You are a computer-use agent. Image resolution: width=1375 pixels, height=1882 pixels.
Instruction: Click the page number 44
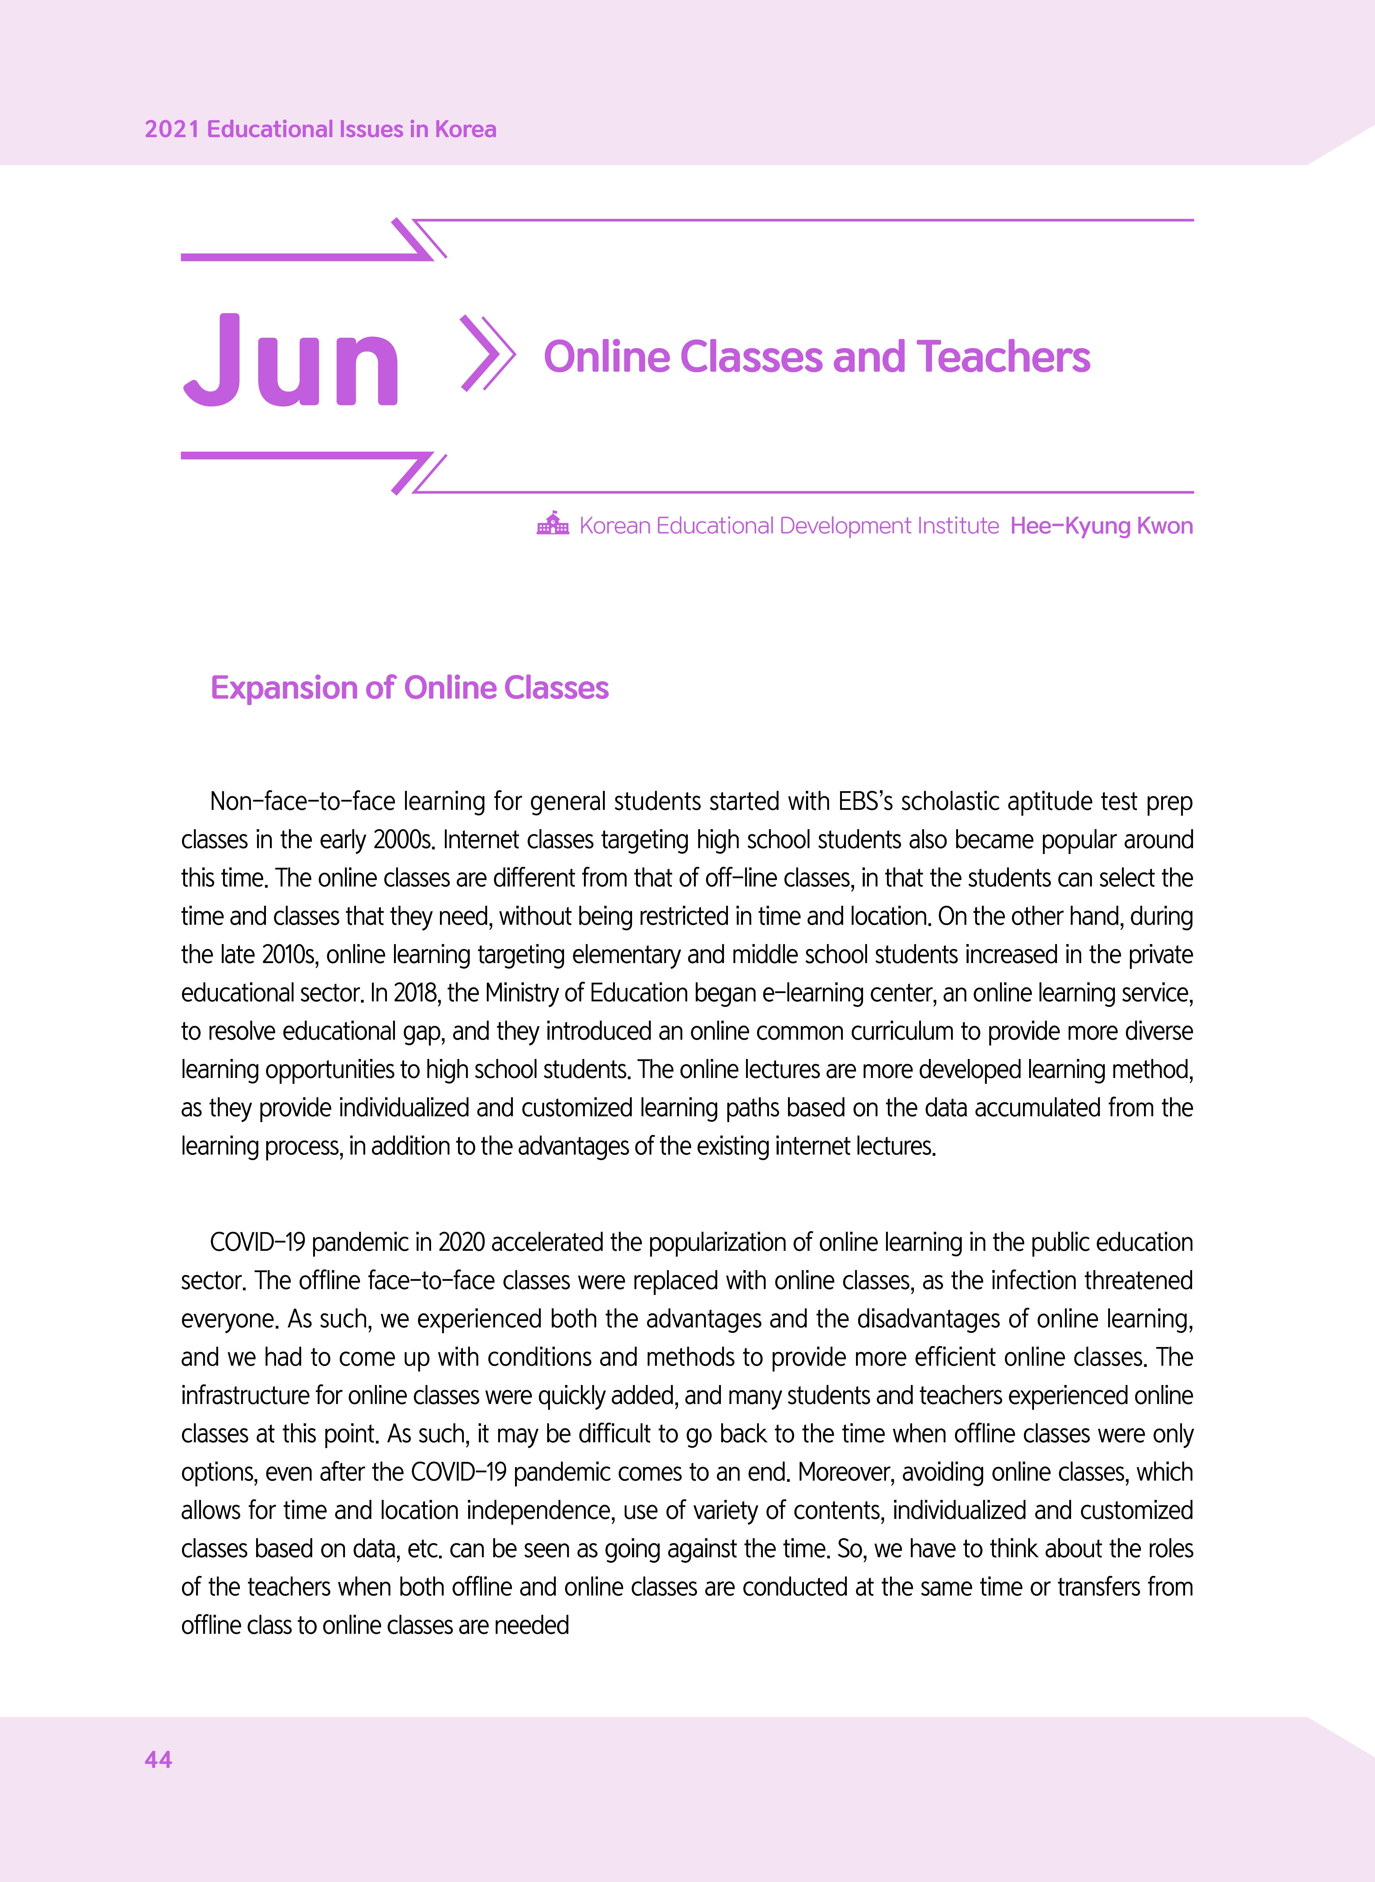pos(158,1759)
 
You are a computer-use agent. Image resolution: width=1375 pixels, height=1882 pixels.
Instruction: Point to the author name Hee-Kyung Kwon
pos(1101,526)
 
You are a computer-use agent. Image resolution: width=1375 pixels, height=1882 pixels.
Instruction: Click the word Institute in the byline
pos(957,526)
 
